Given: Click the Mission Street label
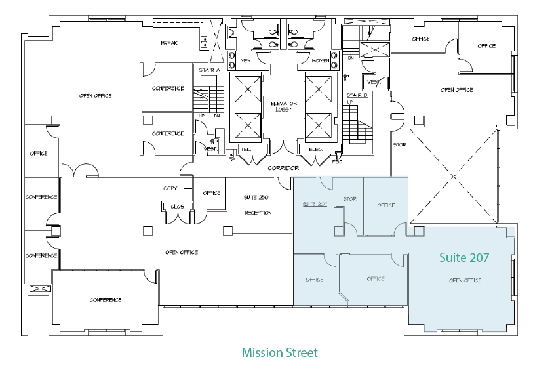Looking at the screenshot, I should [279, 353].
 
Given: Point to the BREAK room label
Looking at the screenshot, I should [169, 43].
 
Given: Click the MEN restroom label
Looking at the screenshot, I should [246, 61].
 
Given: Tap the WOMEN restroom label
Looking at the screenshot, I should [321, 61].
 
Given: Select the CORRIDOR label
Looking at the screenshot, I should [283, 168].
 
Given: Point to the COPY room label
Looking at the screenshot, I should [170, 188].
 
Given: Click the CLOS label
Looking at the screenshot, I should [176, 207].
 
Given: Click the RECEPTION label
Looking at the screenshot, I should [258, 213].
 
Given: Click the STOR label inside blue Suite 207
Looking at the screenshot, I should [349, 199].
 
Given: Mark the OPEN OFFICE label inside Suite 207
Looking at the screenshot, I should [465, 280].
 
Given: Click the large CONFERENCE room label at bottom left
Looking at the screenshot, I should [106, 300].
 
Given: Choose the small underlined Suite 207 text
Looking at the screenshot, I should [314, 205].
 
